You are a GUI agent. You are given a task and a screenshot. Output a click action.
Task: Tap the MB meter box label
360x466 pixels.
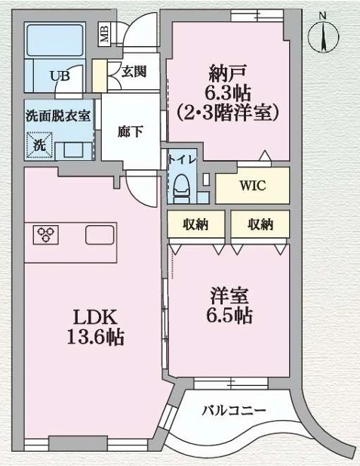point(105,35)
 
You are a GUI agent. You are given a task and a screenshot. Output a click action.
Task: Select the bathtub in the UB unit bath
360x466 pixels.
point(55,40)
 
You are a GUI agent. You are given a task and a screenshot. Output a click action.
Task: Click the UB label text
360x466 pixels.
point(60,76)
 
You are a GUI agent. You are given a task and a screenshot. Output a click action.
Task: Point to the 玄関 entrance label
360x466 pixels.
point(134,72)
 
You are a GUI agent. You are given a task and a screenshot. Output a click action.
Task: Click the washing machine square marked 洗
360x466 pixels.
point(39,145)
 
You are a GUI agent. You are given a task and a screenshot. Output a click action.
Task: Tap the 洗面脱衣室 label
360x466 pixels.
point(58,116)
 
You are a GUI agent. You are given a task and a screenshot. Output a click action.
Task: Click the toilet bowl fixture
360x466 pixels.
point(181,185)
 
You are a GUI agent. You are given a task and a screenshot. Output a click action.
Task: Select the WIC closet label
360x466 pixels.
point(253,186)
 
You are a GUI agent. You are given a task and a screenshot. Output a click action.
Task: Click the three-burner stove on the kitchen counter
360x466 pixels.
point(46,234)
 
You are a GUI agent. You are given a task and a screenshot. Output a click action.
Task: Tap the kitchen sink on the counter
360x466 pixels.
point(100,235)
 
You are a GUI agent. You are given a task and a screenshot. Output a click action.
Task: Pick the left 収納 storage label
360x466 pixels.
point(195,224)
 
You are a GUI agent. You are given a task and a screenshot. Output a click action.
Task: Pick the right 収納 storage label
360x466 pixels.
point(260,224)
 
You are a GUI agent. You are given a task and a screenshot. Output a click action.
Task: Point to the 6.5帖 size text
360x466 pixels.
point(229,315)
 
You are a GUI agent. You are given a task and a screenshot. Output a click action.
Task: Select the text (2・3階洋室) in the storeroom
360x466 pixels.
point(227,113)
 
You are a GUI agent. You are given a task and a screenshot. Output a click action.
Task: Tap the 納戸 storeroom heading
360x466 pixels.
point(227,73)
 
